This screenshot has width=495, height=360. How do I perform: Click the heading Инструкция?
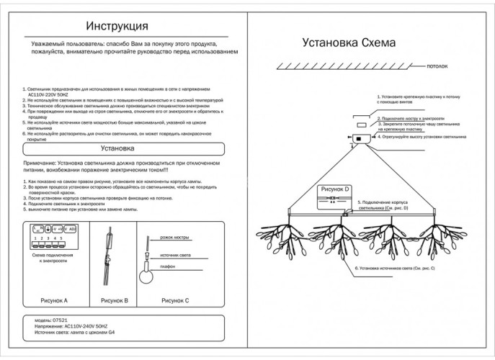tap(117, 26)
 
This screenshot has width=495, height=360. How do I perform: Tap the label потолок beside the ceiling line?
tap(438, 66)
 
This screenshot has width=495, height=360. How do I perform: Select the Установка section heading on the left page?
tap(117, 150)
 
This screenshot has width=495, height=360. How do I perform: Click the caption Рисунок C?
tap(175, 300)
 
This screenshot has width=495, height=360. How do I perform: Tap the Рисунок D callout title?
tap(336, 189)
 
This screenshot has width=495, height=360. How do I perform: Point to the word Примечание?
tap(39, 164)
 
